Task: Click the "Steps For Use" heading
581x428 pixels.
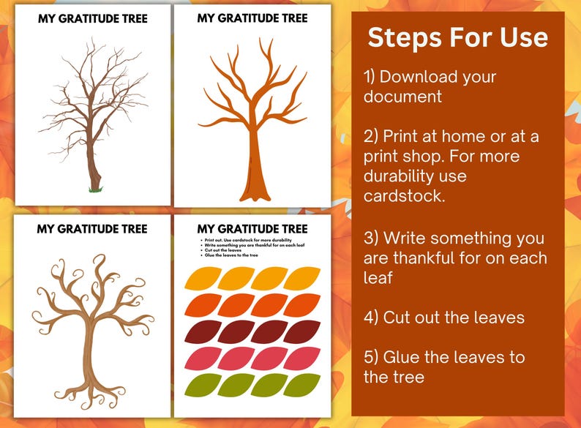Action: tap(457, 38)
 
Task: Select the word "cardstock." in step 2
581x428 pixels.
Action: tap(402, 195)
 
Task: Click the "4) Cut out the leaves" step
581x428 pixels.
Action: tap(444, 318)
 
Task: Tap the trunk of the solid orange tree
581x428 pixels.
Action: tap(252, 165)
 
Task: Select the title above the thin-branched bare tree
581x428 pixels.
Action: tap(92, 19)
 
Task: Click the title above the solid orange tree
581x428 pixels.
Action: tap(252, 19)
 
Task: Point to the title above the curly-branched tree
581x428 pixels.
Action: tap(92, 229)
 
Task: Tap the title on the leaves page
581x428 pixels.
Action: tap(252, 229)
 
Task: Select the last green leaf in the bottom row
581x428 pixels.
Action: tap(301, 385)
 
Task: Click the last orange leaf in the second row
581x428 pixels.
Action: tap(301, 304)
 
